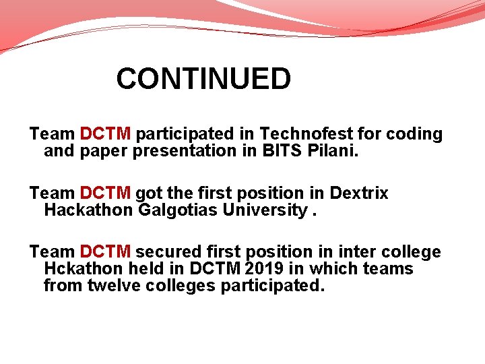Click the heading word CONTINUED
coord(203,79)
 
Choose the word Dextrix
coord(358,193)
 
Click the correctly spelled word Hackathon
coord(88,210)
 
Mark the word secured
coord(168,252)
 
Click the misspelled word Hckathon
coord(85,269)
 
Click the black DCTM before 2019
coord(216,269)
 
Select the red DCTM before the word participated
coord(105,134)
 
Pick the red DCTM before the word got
coord(105,193)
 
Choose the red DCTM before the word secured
coord(105,252)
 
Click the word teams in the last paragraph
coord(388,269)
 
